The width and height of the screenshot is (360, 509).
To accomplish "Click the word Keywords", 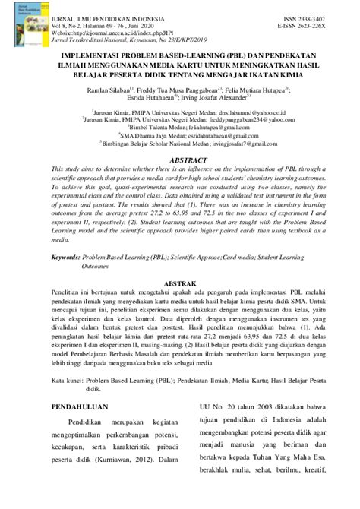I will pyautogui.click(x=66, y=258).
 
